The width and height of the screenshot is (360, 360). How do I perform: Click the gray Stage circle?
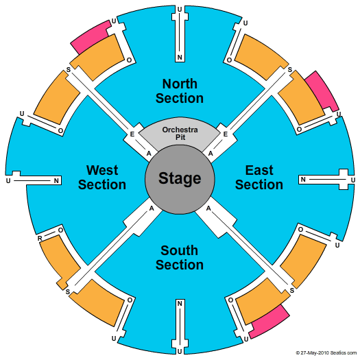point(180,179)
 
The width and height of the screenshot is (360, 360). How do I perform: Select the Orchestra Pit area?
point(180,132)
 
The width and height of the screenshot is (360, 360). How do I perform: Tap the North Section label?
point(180,91)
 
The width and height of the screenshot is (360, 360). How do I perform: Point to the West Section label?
point(102,177)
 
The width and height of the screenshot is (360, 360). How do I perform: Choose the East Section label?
point(259,177)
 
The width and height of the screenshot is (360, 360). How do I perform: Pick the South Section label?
point(180,257)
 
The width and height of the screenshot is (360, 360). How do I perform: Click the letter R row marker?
point(40,239)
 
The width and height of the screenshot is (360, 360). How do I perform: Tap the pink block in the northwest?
point(91,37)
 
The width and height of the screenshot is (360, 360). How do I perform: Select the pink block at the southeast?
point(269,321)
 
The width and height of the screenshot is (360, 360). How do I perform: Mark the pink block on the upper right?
point(322,91)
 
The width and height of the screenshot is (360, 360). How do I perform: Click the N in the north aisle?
point(180,57)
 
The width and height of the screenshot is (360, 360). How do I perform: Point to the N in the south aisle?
point(180,304)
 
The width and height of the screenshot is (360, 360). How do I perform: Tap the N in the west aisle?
point(56,181)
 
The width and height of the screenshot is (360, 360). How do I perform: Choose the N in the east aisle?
point(303,179)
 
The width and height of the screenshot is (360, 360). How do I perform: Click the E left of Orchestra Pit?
point(132,134)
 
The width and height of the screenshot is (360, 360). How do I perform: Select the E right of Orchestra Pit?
point(226,134)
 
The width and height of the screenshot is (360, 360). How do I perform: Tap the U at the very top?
point(180,10)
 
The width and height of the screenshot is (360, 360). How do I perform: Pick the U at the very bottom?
point(180,352)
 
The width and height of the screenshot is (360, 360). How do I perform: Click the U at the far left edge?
point(8,181)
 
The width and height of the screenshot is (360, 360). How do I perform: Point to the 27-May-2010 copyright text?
point(326,352)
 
